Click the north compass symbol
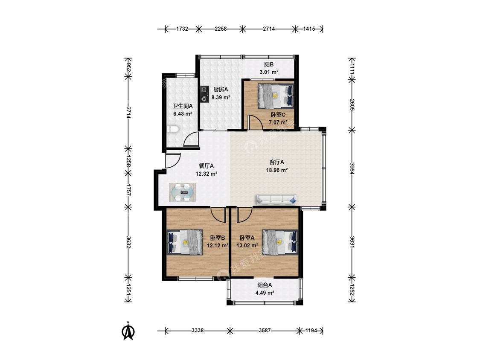coord(128,331)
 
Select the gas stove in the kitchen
coord(204,94)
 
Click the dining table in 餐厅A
coord(183,192)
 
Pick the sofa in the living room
coord(277,200)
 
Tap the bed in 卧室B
coord(185,242)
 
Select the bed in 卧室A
coord(280,242)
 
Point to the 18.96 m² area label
coord(277,170)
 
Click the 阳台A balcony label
coord(265,285)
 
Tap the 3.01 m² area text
coord(269,72)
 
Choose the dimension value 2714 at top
coord(269,29)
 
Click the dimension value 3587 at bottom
coord(265,331)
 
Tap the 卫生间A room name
coord(183,106)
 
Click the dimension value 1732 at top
coord(182,29)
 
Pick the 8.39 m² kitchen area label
coord(221,98)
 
